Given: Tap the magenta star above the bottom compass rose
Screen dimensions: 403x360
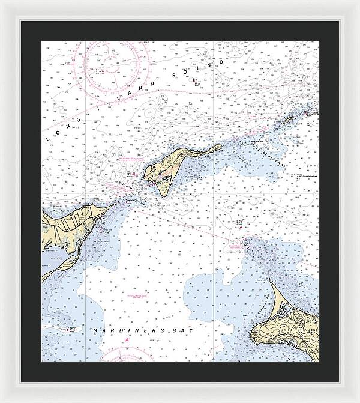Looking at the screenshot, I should point(127,341).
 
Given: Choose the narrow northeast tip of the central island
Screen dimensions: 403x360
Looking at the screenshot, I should point(220,145).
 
